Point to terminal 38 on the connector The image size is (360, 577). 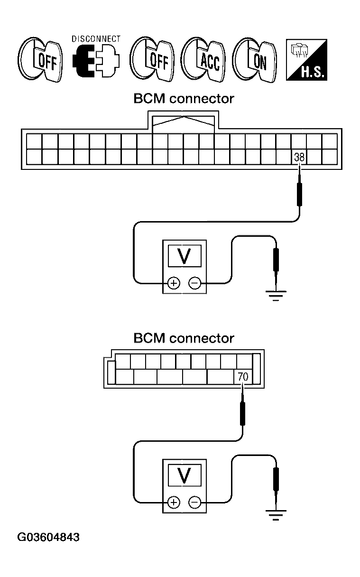point(299,157)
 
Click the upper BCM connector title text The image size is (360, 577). point(184,99)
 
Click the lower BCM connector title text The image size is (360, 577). point(184,338)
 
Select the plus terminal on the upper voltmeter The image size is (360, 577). point(174,284)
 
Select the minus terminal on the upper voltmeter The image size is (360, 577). point(194,284)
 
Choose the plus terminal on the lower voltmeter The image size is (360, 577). point(174,503)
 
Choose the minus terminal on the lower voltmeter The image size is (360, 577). point(194,503)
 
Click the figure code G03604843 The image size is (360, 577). point(48,538)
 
